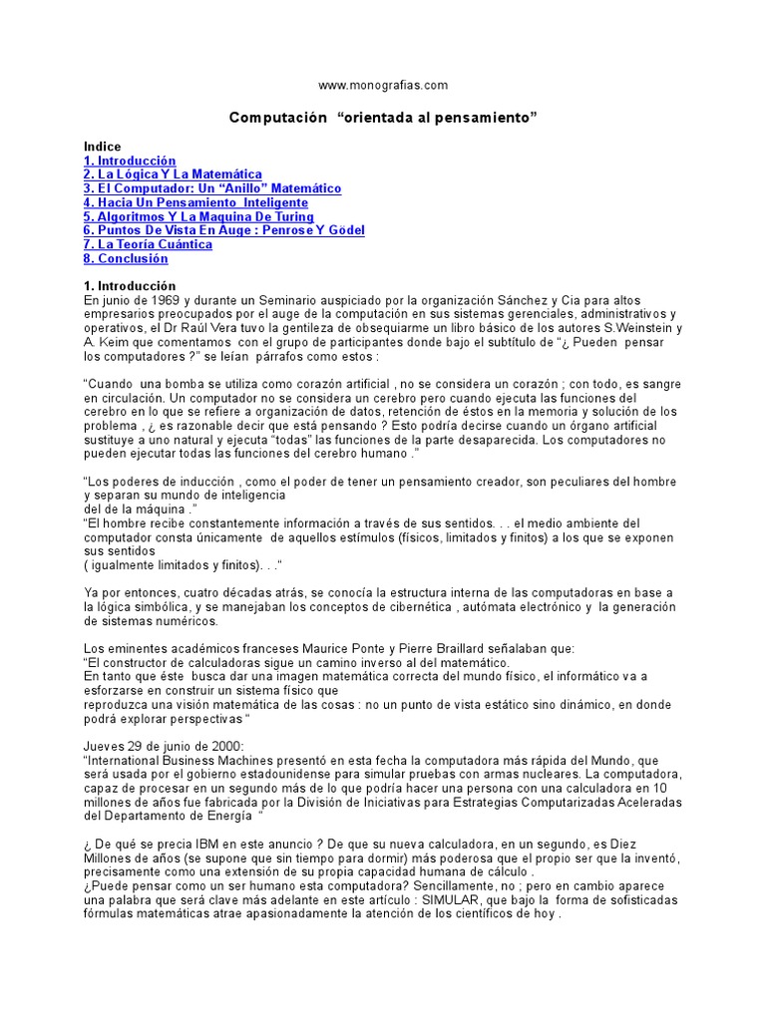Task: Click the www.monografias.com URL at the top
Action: pyautogui.click(x=383, y=86)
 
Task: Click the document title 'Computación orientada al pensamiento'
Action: pyautogui.click(x=383, y=118)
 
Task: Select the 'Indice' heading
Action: pyautogui.click(x=102, y=147)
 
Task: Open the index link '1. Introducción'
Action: pyautogui.click(x=130, y=161)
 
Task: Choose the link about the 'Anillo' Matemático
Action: pyautogui.click(x=211, y=188)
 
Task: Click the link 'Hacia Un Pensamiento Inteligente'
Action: pyautogui.click(x=195, y=202)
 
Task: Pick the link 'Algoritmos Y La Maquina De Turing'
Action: pyautogui.click(x=198, y=216)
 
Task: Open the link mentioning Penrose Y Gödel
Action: pyautogui.click(x=224, y=230)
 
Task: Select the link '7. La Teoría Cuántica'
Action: pyautogui.click(x=148, y=244)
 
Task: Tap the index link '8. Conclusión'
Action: pyautogui.click(x=126, y=258)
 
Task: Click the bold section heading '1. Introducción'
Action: pyautogui.click(x=130, y=286)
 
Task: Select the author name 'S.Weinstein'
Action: pyautogui.click(x=638, y=328)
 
